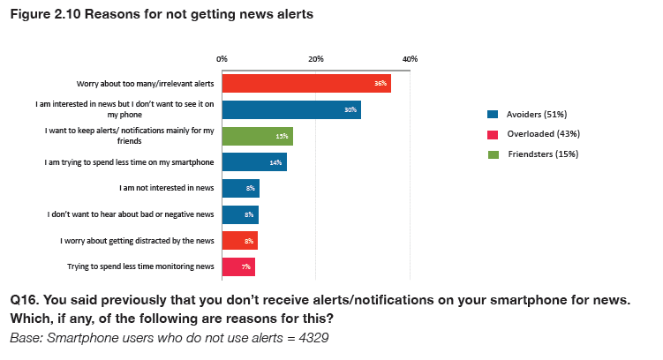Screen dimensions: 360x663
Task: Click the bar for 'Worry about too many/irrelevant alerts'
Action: tap(305, 83)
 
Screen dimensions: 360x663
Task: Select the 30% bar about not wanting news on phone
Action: tap(291, 109)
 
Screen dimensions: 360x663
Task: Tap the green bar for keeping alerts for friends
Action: tap(257, 136)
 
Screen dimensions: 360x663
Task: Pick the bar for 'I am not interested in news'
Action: tap(240, 188)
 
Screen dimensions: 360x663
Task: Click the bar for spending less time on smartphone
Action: tap(254, 162)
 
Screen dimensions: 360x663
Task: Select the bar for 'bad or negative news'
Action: tap(240, 214)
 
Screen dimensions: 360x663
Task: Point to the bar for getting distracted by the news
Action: tap(239, 240)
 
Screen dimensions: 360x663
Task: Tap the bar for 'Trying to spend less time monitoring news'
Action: tap(238, 266)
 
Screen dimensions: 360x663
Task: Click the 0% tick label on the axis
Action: tap(222, 58)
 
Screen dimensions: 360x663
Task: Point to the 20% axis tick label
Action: tap(316, 58)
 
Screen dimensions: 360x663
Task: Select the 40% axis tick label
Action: tap(410, 58)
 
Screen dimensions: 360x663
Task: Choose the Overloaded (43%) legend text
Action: tap(542, 134)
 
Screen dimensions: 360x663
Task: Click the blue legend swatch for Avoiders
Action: tap(493, 115)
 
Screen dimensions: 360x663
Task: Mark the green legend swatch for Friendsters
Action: tap(493, 154)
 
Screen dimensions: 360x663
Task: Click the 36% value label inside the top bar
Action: tap(380, 84)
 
